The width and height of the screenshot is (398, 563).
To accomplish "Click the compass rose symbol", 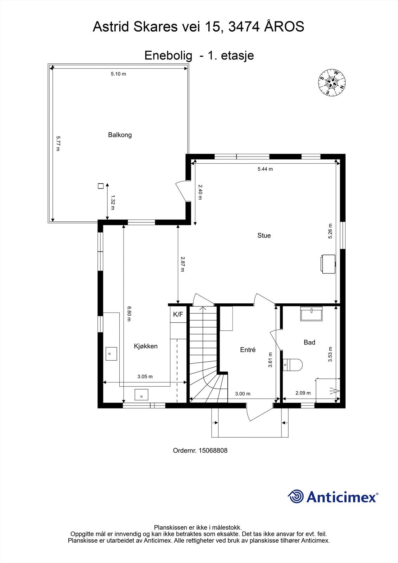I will [x=331, y=82].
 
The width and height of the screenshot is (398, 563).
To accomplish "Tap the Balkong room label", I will [x=120, y=135].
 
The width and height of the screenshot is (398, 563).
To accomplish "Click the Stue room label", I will [x=264, y=235].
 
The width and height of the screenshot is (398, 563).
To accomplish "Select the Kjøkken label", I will [x=146, y=346].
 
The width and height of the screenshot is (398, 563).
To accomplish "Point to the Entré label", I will [x=248, y=350].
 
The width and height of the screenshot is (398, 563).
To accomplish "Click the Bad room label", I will [x=309, y=342].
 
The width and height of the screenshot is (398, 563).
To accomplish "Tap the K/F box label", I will [x=178, y=315].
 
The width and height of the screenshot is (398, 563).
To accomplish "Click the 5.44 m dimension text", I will [x=265, y=169].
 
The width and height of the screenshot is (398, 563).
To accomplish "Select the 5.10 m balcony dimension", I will [x=118, y=74].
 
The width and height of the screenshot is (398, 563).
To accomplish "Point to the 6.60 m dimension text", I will [x=129, y=314].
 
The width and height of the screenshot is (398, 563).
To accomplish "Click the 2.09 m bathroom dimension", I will [x=303, y=393].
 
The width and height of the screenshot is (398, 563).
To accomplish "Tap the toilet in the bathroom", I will [x=293, y=365].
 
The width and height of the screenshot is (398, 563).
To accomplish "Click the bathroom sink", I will [x=311, y=314].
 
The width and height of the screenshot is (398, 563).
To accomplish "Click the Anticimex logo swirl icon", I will [x=296, y=496].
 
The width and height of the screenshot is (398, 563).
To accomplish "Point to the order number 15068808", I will [x=213, y=450].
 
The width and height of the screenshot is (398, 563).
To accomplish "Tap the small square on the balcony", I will [x=100, y=186].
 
